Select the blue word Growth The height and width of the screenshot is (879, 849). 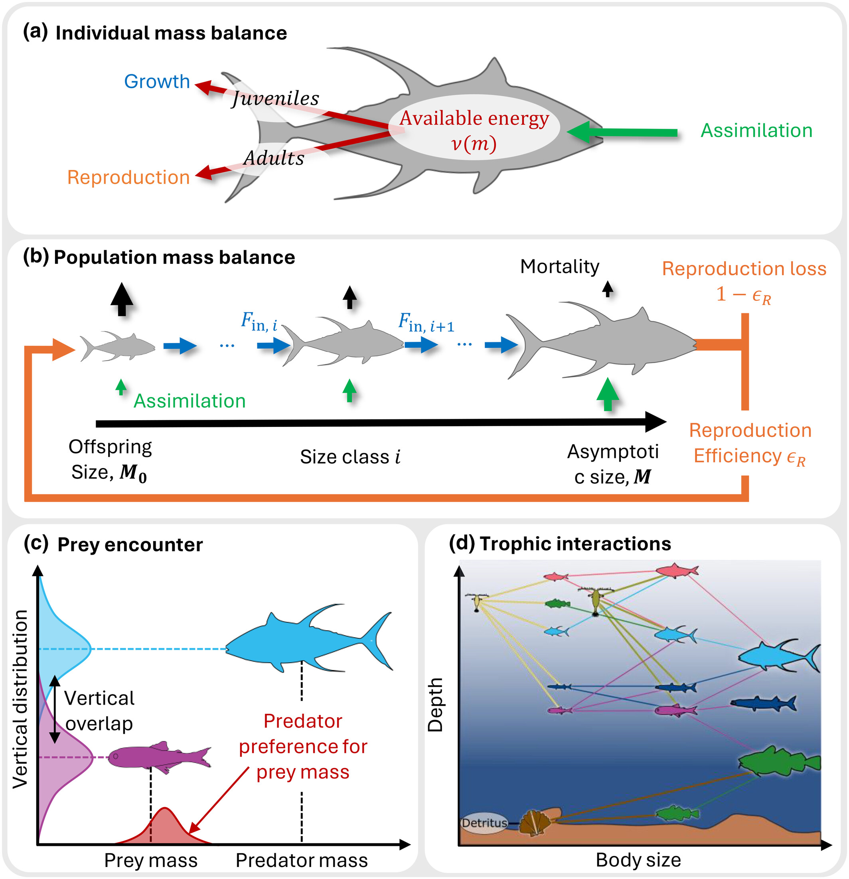click(157, 82)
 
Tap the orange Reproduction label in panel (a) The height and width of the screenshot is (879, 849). click(128, 177)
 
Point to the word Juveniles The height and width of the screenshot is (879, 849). click(275, 98)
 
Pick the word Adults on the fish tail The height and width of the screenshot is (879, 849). click(274, 158)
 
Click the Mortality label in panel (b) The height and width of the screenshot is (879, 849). click(559, 267)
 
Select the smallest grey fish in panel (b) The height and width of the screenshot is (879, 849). click(118, 346)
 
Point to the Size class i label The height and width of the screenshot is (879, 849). click(350, 457)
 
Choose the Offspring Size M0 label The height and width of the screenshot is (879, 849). click(110, 460)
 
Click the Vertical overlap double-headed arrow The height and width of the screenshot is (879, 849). click(55, 709)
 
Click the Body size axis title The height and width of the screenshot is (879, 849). click(638, 860)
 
